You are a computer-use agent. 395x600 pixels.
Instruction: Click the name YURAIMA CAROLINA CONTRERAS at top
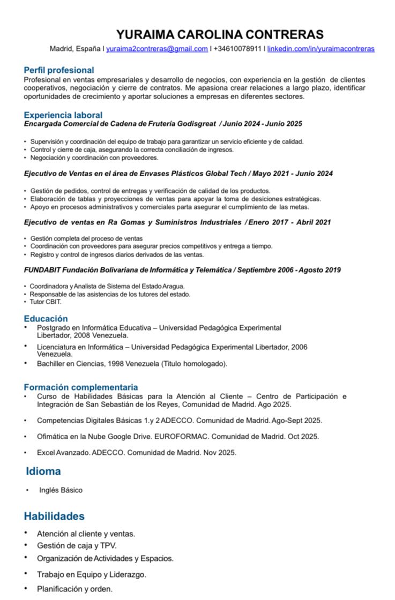point(220,35)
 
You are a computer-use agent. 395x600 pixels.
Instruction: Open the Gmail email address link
point(156,49)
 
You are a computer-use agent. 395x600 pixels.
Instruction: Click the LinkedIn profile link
point(321,49)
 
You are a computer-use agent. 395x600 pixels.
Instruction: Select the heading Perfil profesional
point(58,70)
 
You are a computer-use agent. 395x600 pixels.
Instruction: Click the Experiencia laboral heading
point(63,115)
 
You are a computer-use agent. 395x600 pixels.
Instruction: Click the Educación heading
point(46,319)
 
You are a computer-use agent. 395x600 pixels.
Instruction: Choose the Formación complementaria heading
point(80,387)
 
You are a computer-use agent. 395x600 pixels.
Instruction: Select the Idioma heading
point(43,471)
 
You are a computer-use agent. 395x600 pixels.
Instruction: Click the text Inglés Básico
point(61,490)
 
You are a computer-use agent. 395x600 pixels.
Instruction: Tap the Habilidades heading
point(54,516)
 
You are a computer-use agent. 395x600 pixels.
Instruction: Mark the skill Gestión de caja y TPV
point(77,546)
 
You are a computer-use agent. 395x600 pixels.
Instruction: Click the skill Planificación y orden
point(74,589)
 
